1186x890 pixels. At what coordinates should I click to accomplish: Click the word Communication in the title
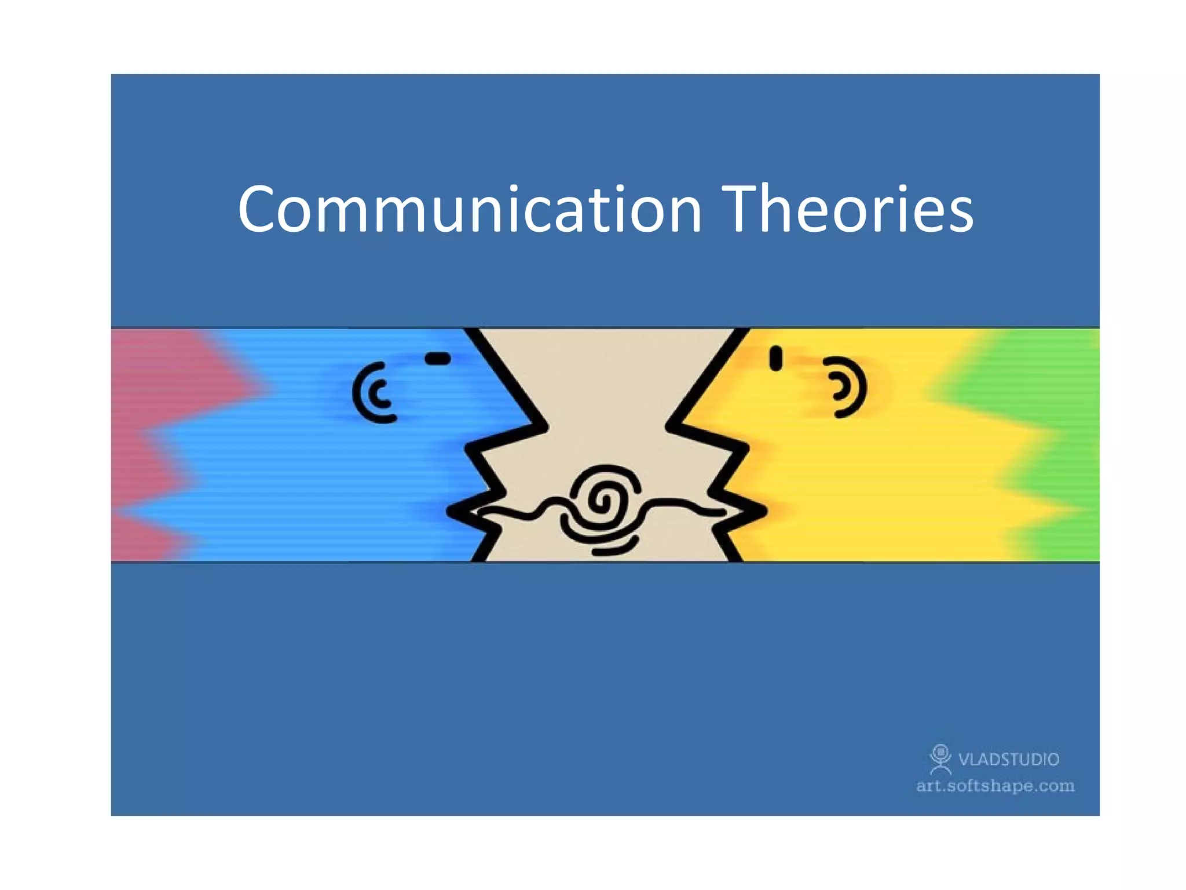pyautogui.click(x=469, y=210)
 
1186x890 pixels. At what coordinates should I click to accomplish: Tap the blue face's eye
pyautogui.click(x=438, y=359)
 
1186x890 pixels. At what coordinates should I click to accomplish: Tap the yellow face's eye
pyautogui.click(x=775, y=358)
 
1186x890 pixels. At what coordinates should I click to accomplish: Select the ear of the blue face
pyautogui.click(x=374, y=392)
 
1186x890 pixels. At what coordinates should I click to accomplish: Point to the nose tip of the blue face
pyautogui.click(x=544, y=427)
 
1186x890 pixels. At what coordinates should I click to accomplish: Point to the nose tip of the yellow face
pyautogui.click(x=669, y=427)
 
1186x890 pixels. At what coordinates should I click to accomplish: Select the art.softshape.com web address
pyautogui.click(x=995, y=786)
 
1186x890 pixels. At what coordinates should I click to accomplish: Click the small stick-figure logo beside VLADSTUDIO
pyautogui.click(x=940, y=759)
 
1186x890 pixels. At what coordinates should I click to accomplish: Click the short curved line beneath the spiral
pyautogui.click(x=615, y=547)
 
